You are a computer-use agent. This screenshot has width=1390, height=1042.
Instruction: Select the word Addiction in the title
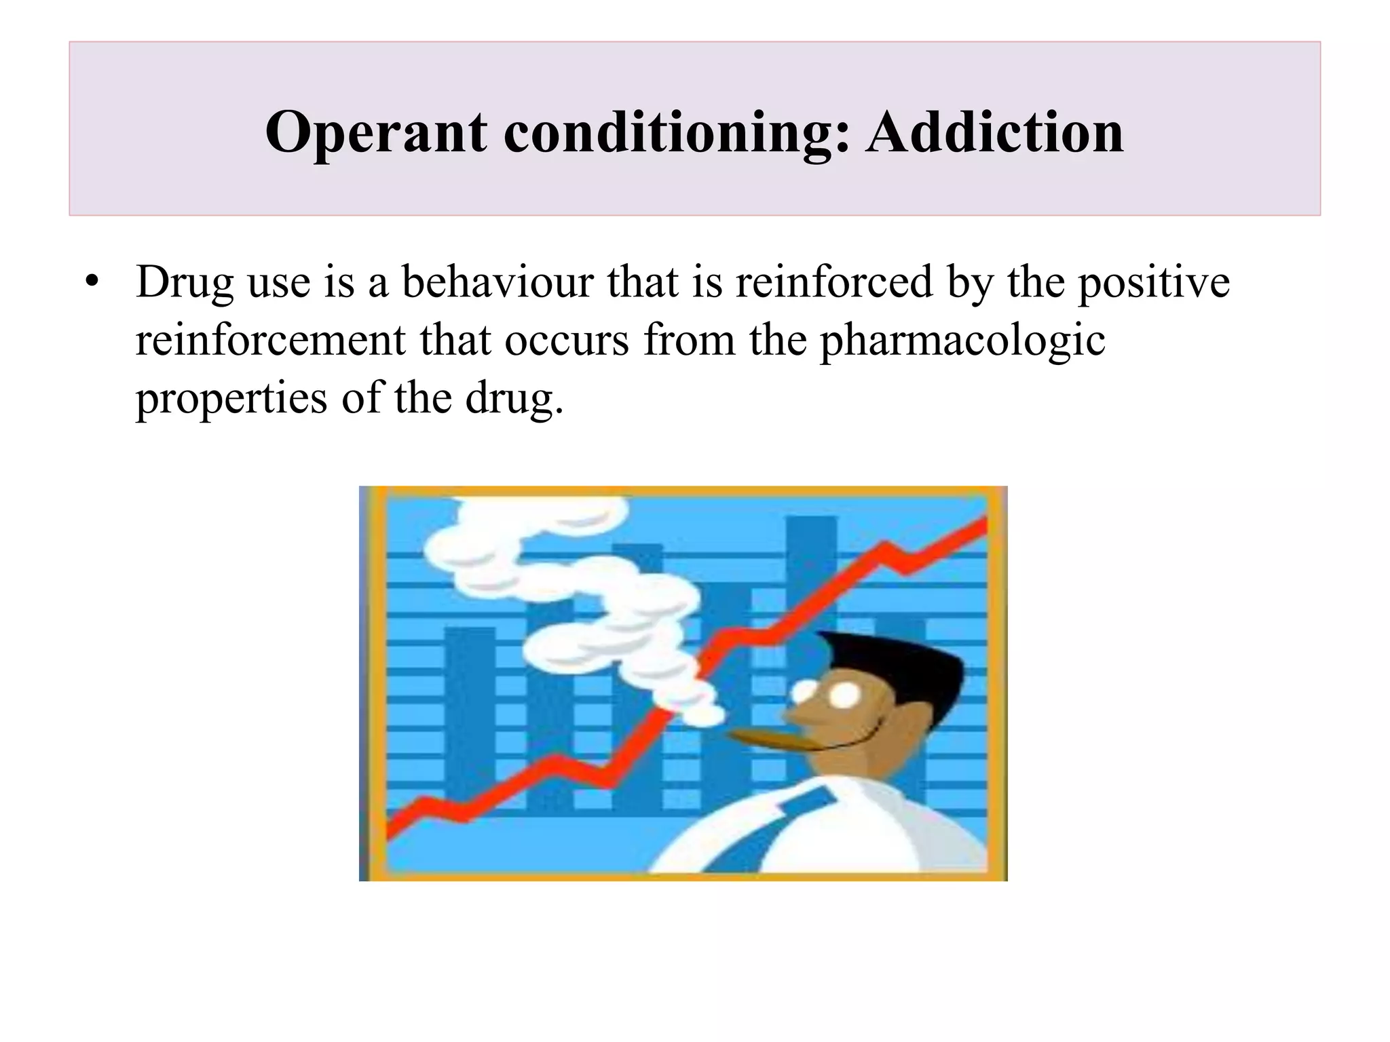click(994, 132)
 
